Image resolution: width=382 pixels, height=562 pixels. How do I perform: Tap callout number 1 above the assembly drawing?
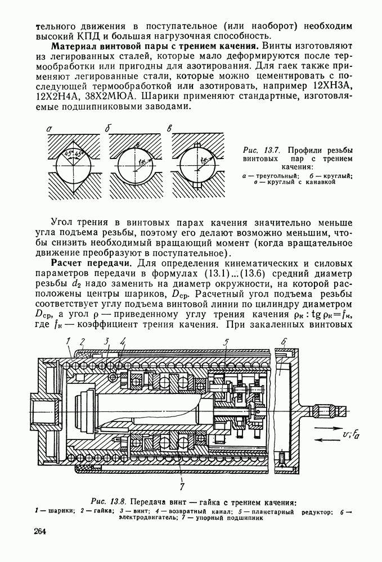coord(69,341)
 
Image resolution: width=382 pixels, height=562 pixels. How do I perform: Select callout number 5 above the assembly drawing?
coord(226,341)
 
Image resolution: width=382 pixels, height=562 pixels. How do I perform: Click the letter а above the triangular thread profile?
coord(50,129)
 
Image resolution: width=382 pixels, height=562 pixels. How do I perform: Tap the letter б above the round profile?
coord(107,129)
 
